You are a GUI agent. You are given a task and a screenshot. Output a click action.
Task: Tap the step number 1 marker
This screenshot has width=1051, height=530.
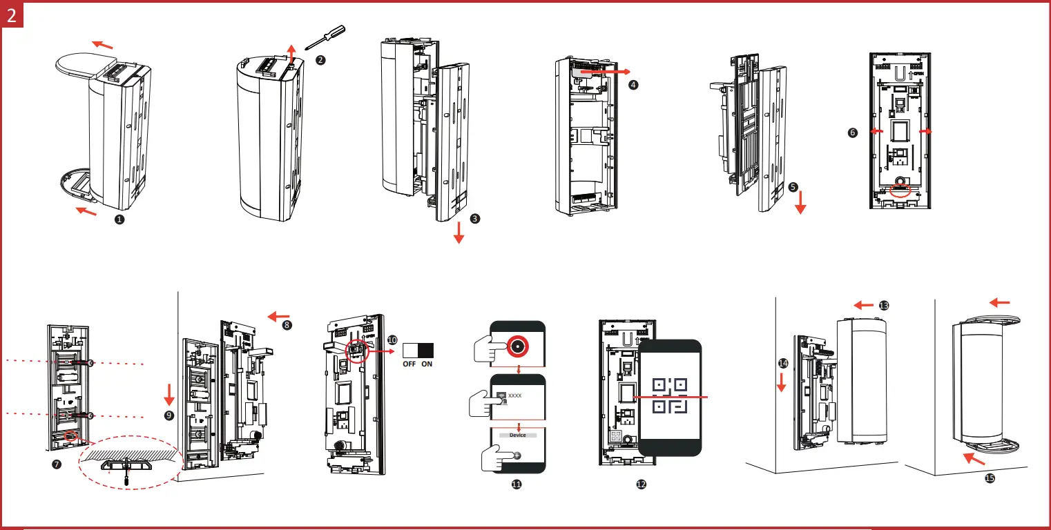coord(119,219)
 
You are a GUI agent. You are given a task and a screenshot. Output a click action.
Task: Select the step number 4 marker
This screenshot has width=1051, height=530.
coord(633,84)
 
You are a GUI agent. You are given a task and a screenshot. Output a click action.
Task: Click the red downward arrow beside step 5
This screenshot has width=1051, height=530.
coord(800,203)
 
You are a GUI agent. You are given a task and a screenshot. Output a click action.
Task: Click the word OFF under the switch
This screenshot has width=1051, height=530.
coord(409,364)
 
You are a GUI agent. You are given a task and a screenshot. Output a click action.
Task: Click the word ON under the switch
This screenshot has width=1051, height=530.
coord(427,364)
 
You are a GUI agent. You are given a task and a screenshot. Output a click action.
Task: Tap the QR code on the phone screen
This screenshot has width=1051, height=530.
coord(669,397)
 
